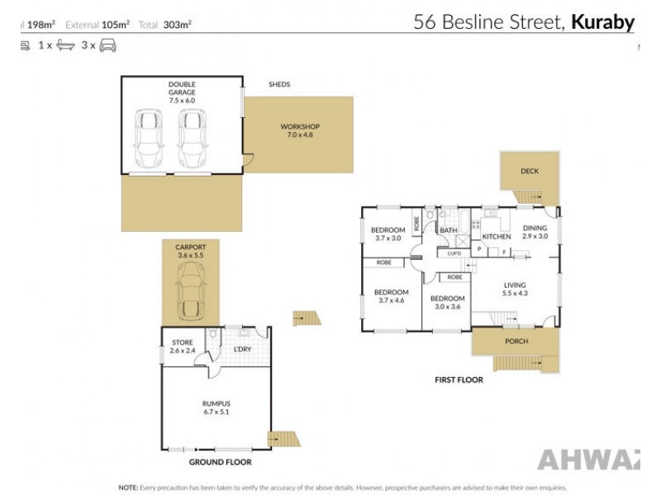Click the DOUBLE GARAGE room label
[x=182, y=87]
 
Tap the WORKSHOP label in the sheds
[x=300, y=130]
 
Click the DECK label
[x=529, y=172]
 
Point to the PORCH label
[x=516, y=342]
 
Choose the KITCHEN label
[x=497, y=237]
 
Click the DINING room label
[x=535, y=232]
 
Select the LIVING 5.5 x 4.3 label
[x=516, y=289]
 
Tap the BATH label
[x=449, y=230]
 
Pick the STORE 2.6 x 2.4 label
[x=182, y=346]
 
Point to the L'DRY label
[x=242, y=349]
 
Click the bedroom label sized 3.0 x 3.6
[x=446, y=303]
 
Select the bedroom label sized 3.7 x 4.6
[x=391, y=296]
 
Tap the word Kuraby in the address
[x=602, y=22]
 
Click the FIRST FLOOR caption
[x=459, y=380]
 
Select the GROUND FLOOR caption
[x=220, y=462]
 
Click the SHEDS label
[x=279, y=84]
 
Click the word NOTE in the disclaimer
[x=128, y=488]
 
